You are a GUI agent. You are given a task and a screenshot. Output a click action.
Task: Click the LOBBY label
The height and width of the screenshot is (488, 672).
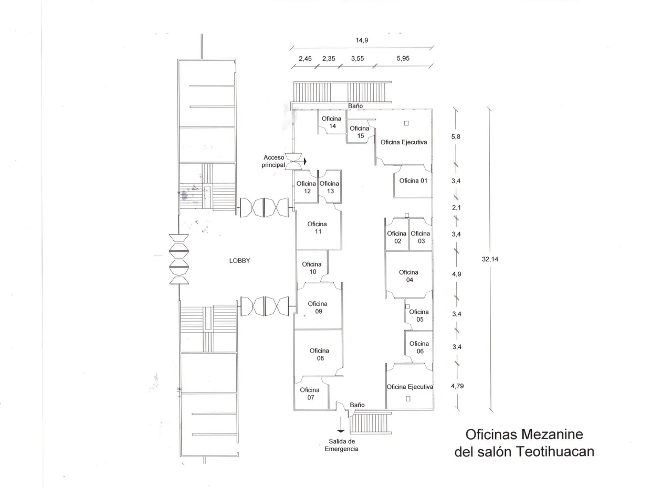tap(239, 260)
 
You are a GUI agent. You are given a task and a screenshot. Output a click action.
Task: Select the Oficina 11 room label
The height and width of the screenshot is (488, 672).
tap(318, 228)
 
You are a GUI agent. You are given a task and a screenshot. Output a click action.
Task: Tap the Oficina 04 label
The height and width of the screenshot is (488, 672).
tap(408, 276)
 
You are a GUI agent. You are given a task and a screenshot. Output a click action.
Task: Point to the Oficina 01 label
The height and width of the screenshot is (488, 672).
tap(413, 181)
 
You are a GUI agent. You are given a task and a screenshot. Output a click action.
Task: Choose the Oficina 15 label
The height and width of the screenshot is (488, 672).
tap(360, 132)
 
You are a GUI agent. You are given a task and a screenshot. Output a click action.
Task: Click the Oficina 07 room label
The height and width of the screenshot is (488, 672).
tap(310, 394)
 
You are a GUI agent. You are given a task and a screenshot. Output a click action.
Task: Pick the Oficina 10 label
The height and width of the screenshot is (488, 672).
tap(312, 268)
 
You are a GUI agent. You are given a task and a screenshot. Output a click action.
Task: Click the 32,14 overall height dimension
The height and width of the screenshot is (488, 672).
tap(490, 259)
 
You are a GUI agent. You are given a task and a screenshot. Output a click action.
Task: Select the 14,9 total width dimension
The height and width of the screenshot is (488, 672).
tap(362, 40)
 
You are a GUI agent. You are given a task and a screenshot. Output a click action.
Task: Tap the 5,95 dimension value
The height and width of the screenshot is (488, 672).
tap(403, 58)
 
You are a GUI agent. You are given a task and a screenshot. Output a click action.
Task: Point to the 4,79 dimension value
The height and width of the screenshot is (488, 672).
tap(457, 386)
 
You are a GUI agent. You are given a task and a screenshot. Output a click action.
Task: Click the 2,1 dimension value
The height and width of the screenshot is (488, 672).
tap(456, 207)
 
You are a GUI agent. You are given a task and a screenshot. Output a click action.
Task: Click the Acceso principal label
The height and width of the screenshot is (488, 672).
tap(273, 161)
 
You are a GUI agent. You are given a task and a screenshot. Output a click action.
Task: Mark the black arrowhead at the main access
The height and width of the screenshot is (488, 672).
tap(305, 162)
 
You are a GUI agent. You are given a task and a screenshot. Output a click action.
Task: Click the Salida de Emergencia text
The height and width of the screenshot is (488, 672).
tap(342, 445)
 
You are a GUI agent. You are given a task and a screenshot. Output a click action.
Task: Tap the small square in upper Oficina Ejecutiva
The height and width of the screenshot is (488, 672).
tap(406, 123)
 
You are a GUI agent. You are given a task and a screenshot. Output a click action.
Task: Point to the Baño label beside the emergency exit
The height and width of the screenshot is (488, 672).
tap(358, 405)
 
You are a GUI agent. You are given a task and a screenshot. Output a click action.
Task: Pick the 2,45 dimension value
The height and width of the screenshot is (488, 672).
tap(305, 58)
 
